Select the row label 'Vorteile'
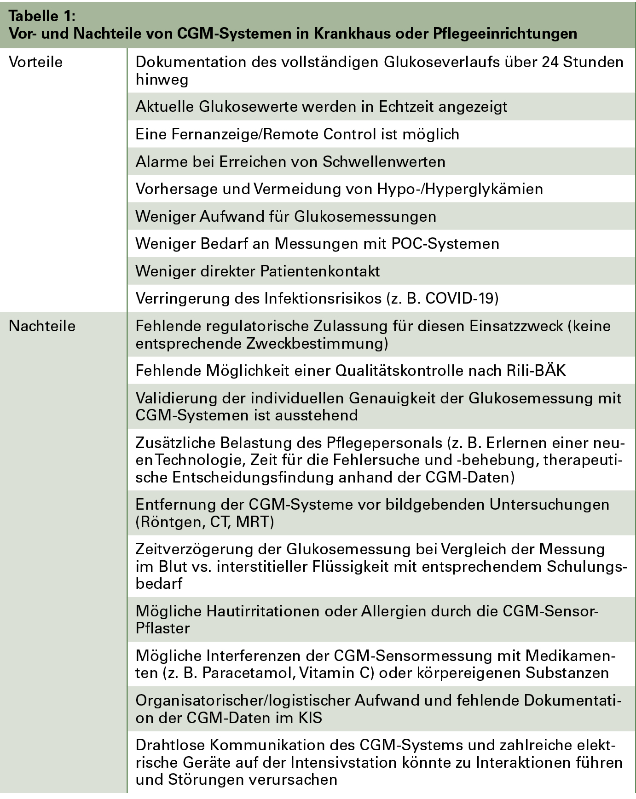pyautogui.click(x=35, y=62)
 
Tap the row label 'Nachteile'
pyautogui.click(x=42, y=326)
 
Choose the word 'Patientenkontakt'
pyautogui.click(x=320, y=271)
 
